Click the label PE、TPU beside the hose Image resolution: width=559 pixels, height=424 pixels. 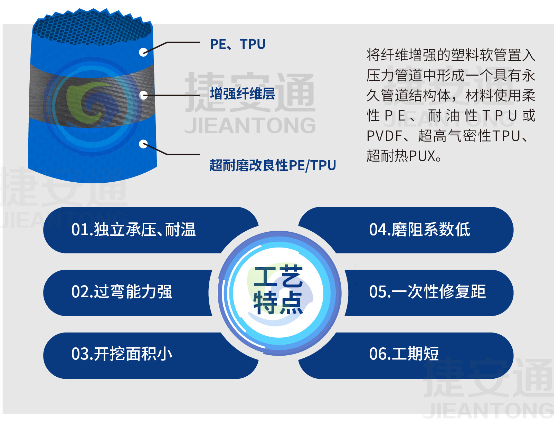[238, 44]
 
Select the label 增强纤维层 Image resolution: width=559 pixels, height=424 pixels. [243, 94]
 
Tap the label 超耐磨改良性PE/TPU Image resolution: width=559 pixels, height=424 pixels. [273, 165]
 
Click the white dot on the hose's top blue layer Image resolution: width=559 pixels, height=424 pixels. [143, 52]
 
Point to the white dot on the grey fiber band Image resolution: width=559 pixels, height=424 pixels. [143, 95]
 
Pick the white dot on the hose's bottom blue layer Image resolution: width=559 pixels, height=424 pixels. [143, 144]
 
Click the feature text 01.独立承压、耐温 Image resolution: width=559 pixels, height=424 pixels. [133, 230]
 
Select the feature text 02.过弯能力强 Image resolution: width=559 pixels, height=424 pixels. [122, 292]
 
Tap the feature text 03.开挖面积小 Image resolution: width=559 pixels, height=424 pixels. [122, 354]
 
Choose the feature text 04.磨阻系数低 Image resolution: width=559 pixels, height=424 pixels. [420, 230]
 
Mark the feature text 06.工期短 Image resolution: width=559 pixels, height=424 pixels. [404, 354]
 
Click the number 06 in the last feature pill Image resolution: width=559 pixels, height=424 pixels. [377, 354]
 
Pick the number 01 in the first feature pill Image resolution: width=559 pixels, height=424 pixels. [79, 230]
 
